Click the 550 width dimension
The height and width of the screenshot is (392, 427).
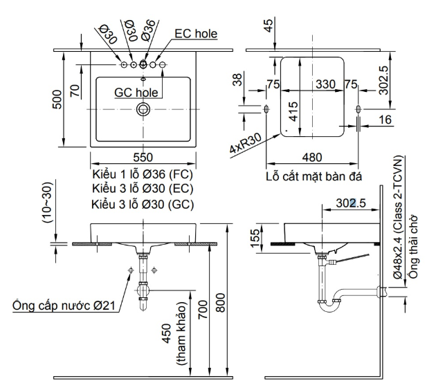143,157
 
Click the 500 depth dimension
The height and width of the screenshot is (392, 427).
57,100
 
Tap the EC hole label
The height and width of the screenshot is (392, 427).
196,34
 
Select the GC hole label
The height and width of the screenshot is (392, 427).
136,93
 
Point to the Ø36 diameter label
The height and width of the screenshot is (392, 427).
148,30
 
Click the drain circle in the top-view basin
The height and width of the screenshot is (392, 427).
143,109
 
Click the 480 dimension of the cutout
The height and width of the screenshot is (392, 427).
312,157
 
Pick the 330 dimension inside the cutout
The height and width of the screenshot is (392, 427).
325,84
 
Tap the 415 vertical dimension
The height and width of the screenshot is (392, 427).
293,111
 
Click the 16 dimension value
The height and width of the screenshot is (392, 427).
385,120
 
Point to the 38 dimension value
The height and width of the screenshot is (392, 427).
237,80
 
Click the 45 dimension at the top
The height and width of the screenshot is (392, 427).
269,26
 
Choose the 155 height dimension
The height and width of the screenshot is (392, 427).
255,239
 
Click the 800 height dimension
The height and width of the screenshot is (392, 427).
220,302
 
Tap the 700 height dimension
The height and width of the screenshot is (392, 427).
203,309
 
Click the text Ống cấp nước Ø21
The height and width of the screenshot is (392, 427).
64,306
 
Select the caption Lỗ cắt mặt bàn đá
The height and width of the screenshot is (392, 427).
314,176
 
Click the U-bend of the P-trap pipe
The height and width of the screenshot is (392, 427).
329,307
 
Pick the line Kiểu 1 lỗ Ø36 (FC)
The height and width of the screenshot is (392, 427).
143,174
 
